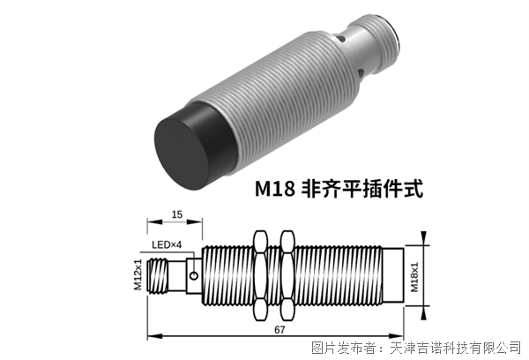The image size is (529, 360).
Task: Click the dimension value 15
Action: click(176, 214)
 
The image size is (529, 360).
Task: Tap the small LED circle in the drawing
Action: click(194, 276)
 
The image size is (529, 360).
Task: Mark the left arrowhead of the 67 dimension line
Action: click(151, 335)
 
